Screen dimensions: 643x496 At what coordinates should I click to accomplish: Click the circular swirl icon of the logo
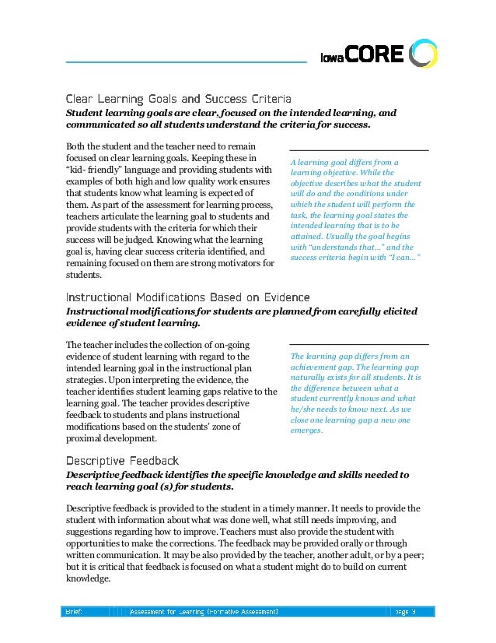coord(423,53)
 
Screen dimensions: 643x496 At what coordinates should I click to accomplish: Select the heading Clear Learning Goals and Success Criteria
coord(178,100)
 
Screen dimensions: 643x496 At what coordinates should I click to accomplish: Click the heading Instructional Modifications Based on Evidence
coord(187,297)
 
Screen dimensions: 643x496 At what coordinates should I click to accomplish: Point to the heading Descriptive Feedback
coord(122,460)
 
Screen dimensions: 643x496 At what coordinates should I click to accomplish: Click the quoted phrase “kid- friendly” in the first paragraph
coord(90,169)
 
